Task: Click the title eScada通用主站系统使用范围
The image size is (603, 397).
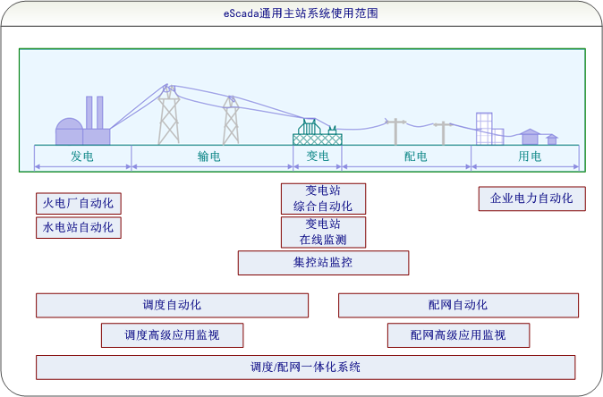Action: coord(301,13)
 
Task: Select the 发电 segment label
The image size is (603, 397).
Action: coord(82,156)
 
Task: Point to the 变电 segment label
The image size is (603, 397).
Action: coord(318,156)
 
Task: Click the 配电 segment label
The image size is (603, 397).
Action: coord(415,156)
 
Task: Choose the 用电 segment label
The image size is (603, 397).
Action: coord(530,156)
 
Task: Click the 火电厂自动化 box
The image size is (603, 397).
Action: coord(79,204)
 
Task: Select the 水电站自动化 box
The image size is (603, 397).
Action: coord(79,227)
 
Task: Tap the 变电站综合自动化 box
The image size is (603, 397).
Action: coord(323,198)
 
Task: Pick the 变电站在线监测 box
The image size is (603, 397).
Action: coord(323,232)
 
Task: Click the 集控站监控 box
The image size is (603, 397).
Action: coord(323,263)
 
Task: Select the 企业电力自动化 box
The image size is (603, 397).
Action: coord(532,198)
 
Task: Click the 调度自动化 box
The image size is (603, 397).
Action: coord(172,305)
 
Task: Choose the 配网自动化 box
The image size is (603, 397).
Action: coord(458,305)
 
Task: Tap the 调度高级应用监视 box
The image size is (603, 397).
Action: coord(172,335)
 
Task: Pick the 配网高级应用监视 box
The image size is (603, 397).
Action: coord(458,335)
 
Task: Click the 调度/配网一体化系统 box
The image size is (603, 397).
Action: coord(305,367)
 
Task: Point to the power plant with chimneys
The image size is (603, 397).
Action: coord(82,126)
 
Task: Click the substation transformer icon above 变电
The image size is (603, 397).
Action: coord(318,133)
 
